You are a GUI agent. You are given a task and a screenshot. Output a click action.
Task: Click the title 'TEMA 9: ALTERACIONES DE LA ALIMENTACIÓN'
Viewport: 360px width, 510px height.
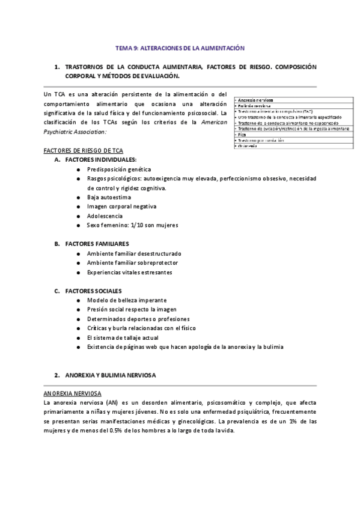pyautogui.click(x=180, y=47)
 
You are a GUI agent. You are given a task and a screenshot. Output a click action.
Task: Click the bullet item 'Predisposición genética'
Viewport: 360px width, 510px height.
pyautogui.click(x=119, y=170)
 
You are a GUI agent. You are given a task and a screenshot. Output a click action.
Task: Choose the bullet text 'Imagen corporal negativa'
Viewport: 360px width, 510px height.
pyautogui.click(x=121, y=206)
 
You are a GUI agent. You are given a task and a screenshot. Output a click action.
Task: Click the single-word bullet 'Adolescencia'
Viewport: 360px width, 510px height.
pyautogui.click(x=105, y=215)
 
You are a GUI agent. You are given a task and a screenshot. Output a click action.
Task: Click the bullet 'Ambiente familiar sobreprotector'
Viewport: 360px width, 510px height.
pyautogui.click(x=132, y=263)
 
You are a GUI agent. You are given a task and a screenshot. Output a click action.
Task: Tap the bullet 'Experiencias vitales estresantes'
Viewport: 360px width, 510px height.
pyautogui.click(x=129, y=272)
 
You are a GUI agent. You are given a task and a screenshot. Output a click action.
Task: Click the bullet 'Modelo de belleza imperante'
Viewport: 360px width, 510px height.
pyautogui.click(x=126, y=300)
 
